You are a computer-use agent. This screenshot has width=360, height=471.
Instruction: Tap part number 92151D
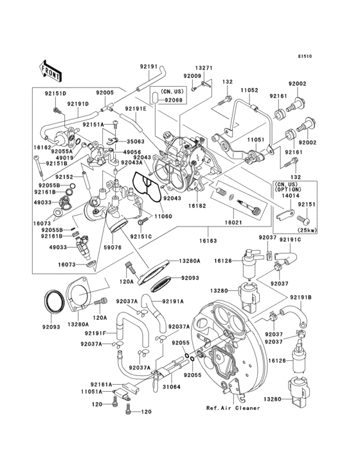[57, 93]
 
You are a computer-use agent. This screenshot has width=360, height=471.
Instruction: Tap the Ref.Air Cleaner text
[233, 408]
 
